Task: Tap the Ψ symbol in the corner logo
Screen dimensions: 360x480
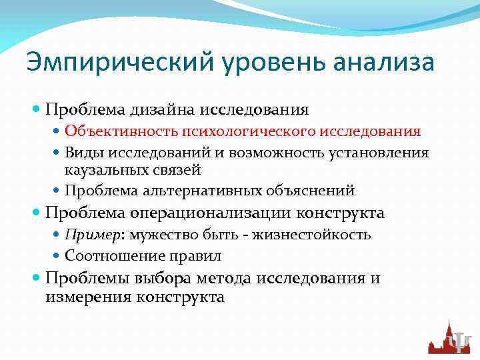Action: click(460, 342)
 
